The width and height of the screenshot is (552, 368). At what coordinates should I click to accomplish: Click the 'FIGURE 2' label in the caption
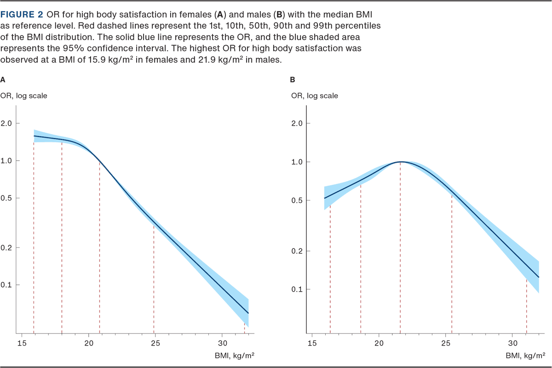[x=22, y=14]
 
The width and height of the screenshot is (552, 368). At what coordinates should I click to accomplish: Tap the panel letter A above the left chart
[x=3, y=80]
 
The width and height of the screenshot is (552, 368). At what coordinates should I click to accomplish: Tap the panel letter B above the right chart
[x=293, y=80]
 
